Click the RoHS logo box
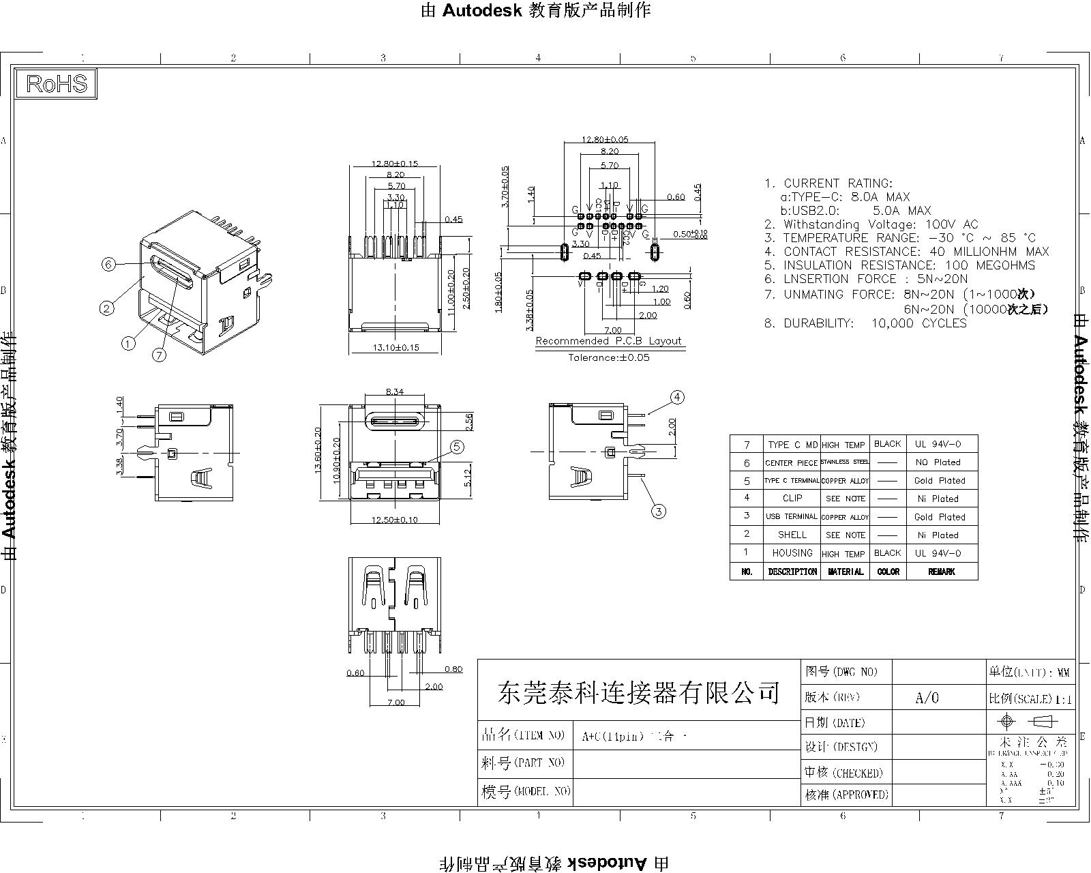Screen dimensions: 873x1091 tap(57, 84)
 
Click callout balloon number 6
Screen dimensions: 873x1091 tap(108, 265)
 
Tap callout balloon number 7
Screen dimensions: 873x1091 tap(159, 355)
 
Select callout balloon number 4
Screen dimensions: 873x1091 tap(676, 397)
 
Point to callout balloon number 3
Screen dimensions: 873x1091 tap(658, 511)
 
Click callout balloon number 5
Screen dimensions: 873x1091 tap(457, 447)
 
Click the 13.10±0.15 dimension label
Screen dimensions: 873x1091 tap(395, 348)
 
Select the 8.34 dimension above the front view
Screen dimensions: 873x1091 tap(395, 391)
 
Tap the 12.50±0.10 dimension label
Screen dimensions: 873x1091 tap(394, 520)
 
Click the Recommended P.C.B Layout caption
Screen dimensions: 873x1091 tap(608, 341)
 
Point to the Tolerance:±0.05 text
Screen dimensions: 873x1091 tap(608, 357)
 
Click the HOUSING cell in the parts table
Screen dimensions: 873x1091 tap(792, 553)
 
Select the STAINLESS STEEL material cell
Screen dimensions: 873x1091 tap(845, 462)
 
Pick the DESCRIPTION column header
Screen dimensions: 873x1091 tap(792, 572)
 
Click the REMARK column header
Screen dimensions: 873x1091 tap(941, 572)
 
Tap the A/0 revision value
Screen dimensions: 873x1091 tap(927, 698)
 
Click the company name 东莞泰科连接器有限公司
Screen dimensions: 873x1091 tap(638, 694)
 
